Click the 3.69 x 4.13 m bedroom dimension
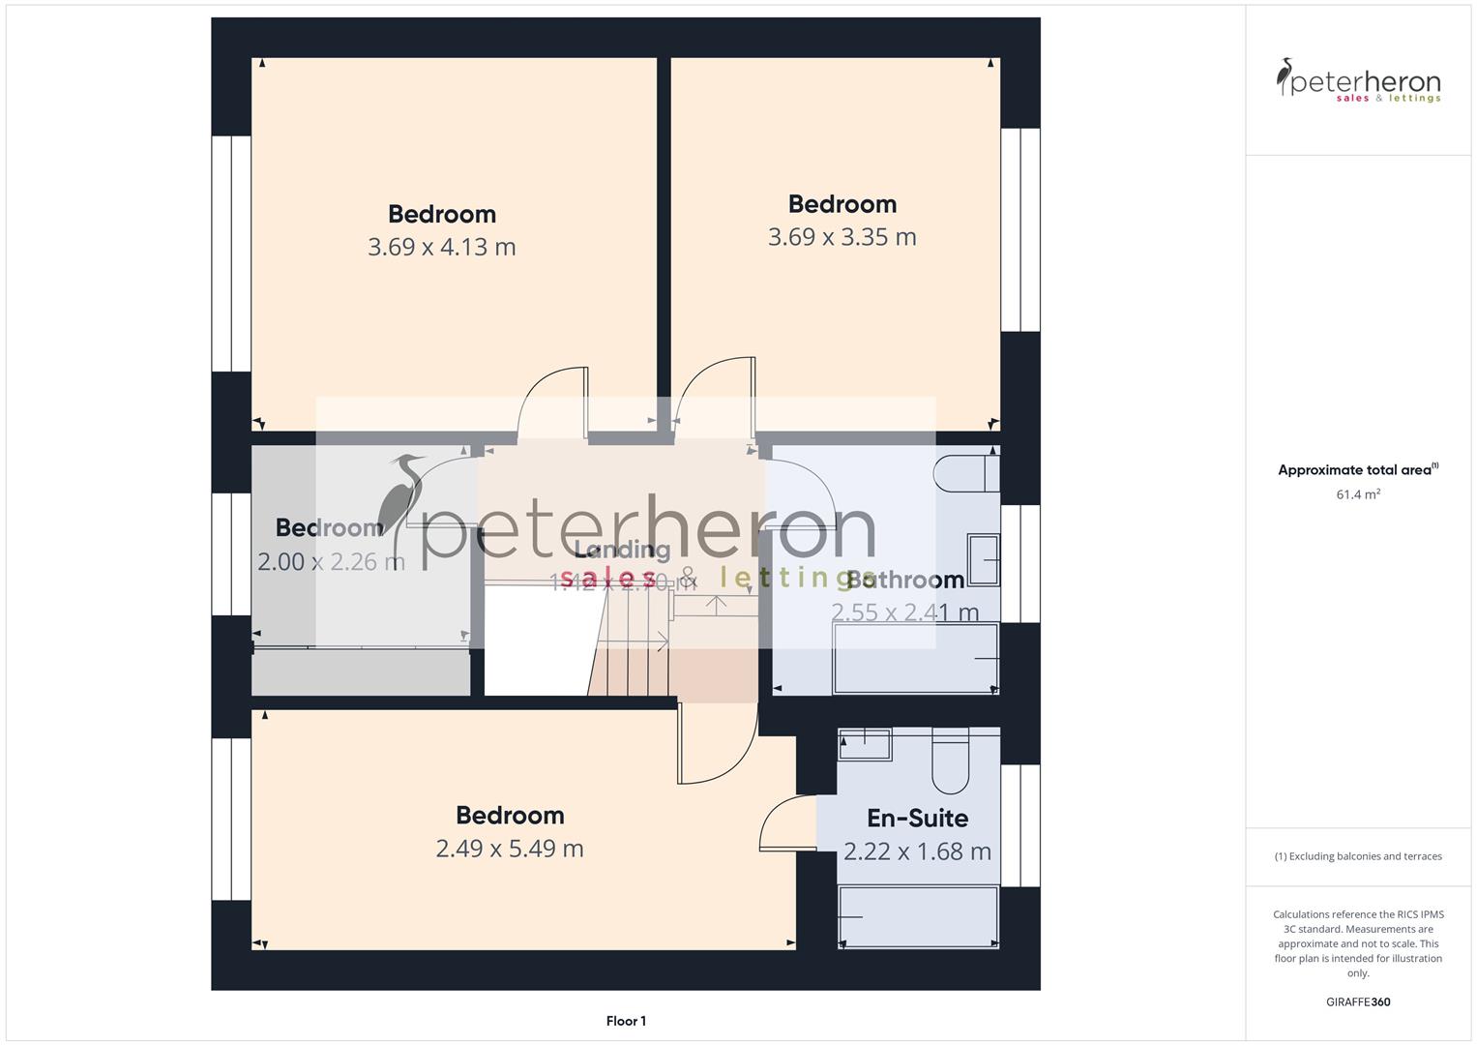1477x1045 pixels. [x=441, y=247]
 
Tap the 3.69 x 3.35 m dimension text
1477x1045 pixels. [x=842, y=237]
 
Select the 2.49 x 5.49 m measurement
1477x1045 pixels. [x=509, y=849]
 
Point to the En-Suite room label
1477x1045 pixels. [x=917, y=819]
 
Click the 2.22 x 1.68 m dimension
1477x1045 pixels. [x=917, y=851]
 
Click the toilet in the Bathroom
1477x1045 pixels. [x=965, y=473]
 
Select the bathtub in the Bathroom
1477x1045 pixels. [x=914, y=658]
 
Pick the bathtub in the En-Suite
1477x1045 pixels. [x=917, y=916]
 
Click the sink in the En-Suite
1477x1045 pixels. [x=864, y=744]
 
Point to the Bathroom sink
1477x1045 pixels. [x=984, y=559]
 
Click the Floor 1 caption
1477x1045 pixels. [x=626, y=1021]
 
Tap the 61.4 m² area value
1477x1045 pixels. [x=1358, y=494]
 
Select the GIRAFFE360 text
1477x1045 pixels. [x=1358, y=1001]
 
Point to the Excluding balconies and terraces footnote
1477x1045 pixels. [x=1358, y=856]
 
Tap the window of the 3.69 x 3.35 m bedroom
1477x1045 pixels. [x=1019, y=230]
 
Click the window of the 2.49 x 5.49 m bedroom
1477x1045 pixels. [x=231, y=819]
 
